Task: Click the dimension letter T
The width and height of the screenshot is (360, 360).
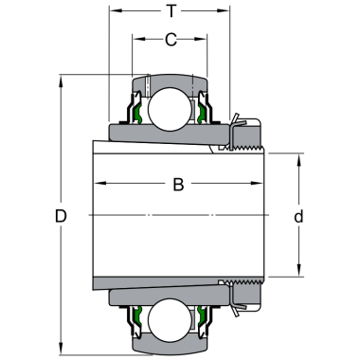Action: click(x=171, y=11)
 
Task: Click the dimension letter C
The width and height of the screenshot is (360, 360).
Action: click(x=171, y=40)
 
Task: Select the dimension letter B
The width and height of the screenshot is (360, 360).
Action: click(x=178, y=185)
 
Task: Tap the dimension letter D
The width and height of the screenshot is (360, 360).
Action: click(x=61, y=216)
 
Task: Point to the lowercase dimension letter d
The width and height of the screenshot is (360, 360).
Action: click(x=298, y=216)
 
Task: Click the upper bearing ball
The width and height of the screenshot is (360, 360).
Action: click(x=170, y=109)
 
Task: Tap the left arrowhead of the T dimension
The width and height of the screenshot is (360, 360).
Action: click(x=116, y=10)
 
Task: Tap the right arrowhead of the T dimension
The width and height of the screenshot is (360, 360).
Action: click(x=224, y=10)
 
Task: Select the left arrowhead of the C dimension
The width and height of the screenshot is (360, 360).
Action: click(x=139, y=39)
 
